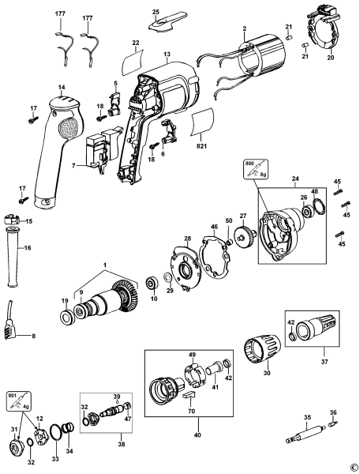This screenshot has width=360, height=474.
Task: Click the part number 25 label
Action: click(x=156, y=13)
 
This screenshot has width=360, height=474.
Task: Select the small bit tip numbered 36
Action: click(x=333, y=423)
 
